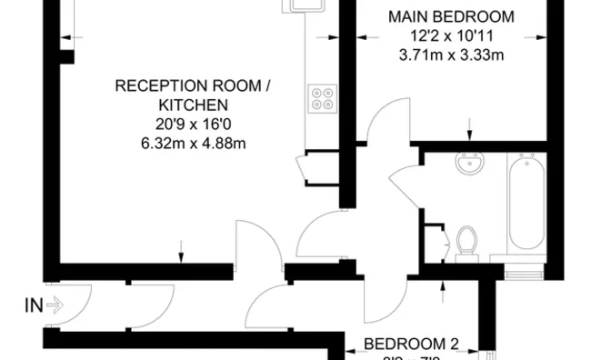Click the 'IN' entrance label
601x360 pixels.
[x=32, y=305]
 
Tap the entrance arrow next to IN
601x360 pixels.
[x=54, y=305]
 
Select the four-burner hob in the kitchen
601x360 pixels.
[x=321, y=97]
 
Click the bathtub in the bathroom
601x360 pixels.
[x=527, y=205]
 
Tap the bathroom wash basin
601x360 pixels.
[x=470, y=165]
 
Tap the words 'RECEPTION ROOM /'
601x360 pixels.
[x=193, y=86]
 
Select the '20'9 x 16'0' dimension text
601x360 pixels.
[x=193, y=125]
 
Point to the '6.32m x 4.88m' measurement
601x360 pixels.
[x=193, y=144]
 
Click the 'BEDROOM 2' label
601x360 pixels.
[x=412, y=345]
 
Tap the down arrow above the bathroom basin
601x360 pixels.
[x=469, y=127]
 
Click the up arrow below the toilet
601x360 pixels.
[x=443, y=290]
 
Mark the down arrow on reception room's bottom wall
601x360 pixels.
[x=181, y=248]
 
